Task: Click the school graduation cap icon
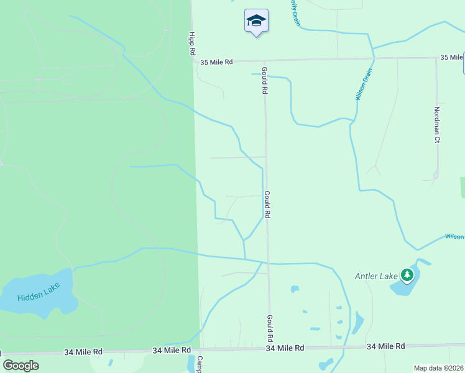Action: click(x=256, y=21)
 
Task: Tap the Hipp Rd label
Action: click(x=192, y=44)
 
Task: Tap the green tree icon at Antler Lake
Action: click(x=407, y=274)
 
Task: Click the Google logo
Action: click(x=21, y=366)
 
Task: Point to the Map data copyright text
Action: click(x=438, y=368)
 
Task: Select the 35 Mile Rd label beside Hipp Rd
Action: click(x=216, y=62)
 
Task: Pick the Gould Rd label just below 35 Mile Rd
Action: click(x=265, y=80)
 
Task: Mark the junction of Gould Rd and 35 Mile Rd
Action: click(x=265, y=61)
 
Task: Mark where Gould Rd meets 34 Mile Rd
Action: click(x=270, y=348)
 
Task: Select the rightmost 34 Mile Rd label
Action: click(x=385, y=346)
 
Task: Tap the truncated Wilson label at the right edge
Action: click(x=454, y=237)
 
